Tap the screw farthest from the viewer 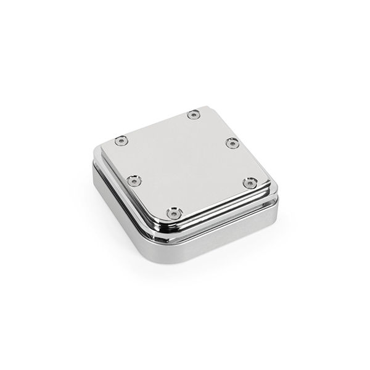pos(194,114)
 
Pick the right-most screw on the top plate pos(249,183)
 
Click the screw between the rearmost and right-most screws pos(231,143)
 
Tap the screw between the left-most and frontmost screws pos(134,181)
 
